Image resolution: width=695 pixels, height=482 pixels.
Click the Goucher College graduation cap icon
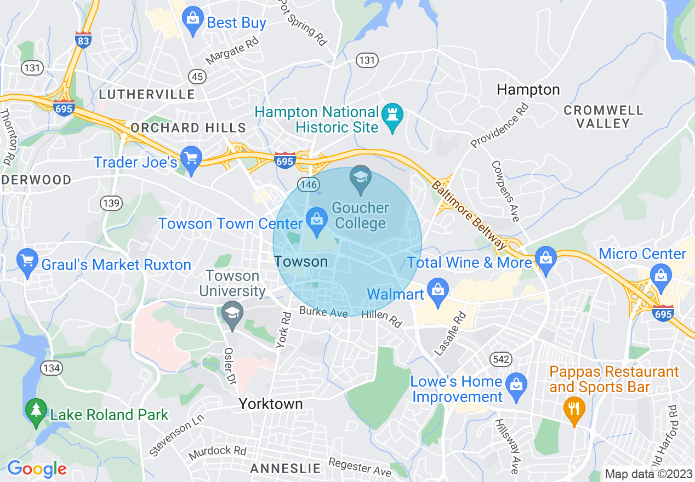coord(361,179)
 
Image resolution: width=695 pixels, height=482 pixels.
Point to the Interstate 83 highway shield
coord(83,39)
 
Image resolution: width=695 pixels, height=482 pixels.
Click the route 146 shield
coord(309,185)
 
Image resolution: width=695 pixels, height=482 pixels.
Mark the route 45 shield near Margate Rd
coord(196,76)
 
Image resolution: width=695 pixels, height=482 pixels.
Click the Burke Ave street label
coord(323,312)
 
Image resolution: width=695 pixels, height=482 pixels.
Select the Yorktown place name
coord(270,404)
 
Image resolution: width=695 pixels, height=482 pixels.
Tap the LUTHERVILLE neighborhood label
coord(146,94)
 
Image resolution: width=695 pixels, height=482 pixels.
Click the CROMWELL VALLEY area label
coord(603,117)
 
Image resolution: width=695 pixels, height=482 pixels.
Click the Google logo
coord(36,469)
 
